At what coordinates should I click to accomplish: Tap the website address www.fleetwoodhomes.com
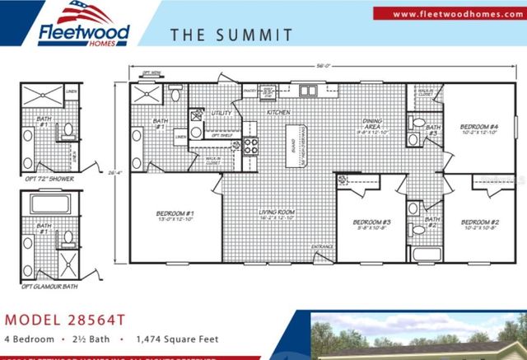click(449, 14)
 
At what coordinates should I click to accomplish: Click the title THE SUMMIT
click(231, 35)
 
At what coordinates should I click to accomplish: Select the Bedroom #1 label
click(174, 217)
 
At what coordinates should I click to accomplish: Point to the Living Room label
click(277, 213)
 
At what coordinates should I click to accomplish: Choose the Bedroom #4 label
click(478, 129)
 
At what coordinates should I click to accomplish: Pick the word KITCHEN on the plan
click(275, 110)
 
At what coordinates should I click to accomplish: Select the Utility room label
click(220, 112)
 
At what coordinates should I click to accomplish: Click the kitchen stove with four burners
click(250, 147)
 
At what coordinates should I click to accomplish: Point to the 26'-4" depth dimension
click(115, 171)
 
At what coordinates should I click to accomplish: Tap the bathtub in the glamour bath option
click(49, 205)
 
